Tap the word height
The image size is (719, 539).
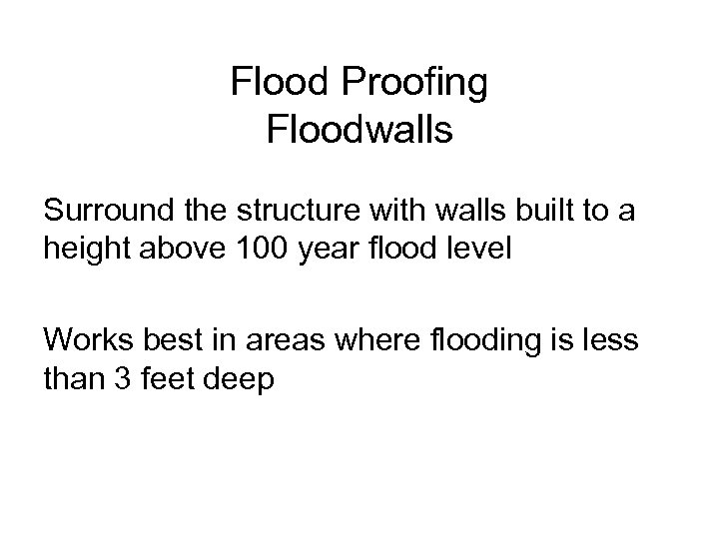click(84, 250)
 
